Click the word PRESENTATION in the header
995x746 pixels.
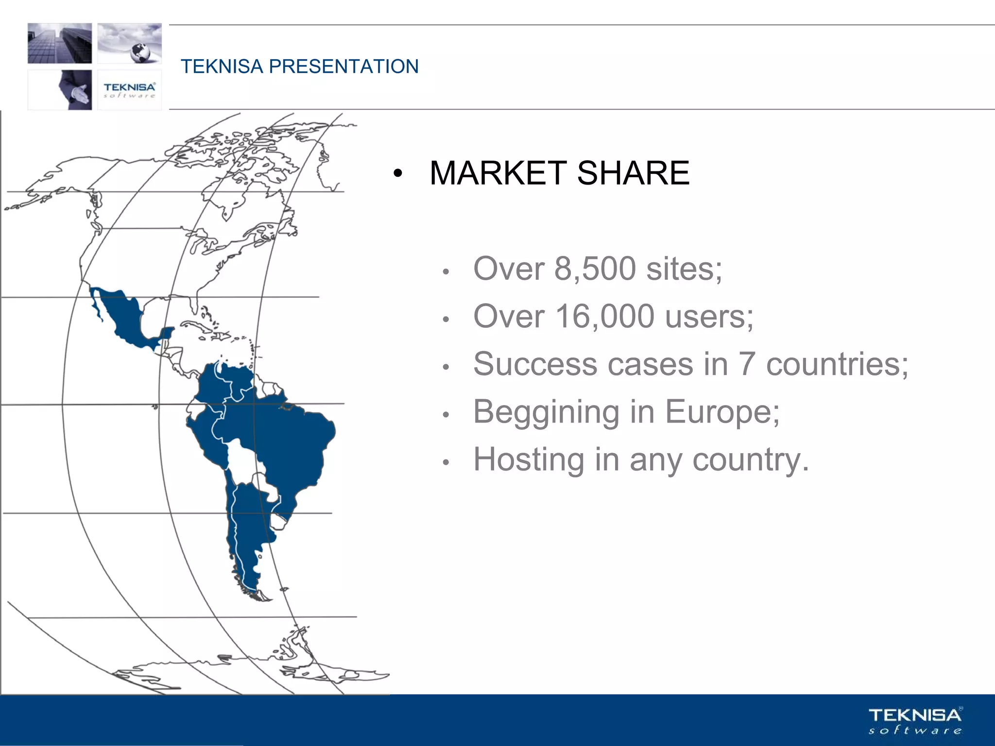click(x=343, y=67)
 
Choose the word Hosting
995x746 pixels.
click(x=529, y=459)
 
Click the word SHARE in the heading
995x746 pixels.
click(x=633, y=173)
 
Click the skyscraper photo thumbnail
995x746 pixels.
click(x=60, y=43)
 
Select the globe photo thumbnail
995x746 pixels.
click(x=130, y=43)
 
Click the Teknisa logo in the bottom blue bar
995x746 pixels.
click(x=915, y=721)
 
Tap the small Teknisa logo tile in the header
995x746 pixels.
click(x=129, y=90)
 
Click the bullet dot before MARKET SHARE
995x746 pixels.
click(x=398, y=174)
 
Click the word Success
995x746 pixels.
click(x=534, y=364)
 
